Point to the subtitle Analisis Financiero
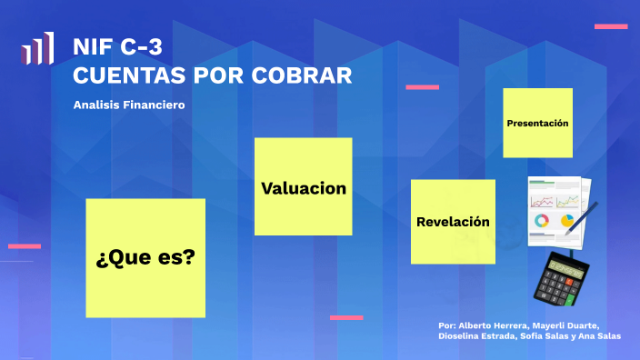tap(129, 105)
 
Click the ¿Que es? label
tap(145, 257)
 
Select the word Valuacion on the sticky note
tap(304, 188)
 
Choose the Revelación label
tap(453, 222)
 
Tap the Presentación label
tap(537, 123)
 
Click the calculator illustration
tap(560, 277)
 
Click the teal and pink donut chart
tap(542, 221)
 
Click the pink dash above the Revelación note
tap(422, 87)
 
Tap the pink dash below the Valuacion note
tap(346, 317)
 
